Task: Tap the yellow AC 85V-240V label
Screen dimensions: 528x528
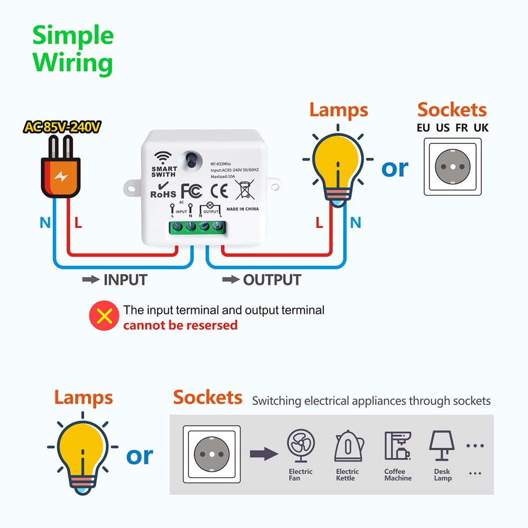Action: (62, 127)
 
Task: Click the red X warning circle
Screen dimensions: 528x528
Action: (104, 316)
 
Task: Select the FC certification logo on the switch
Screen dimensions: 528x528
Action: (191, 191)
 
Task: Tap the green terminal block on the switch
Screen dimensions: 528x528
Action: (197, 227)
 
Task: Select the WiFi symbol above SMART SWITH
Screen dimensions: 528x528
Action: (163, 157)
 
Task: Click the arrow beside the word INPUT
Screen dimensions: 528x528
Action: (91, 279)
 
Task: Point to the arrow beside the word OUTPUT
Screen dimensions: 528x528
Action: (231, 279)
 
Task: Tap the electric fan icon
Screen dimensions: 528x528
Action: (301, 445)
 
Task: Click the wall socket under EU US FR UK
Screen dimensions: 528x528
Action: (453, 167)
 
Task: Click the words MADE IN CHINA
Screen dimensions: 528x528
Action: (243, 209)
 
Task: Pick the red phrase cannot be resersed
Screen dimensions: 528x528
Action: (181, 325)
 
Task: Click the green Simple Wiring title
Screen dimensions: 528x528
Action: (73, 49)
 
